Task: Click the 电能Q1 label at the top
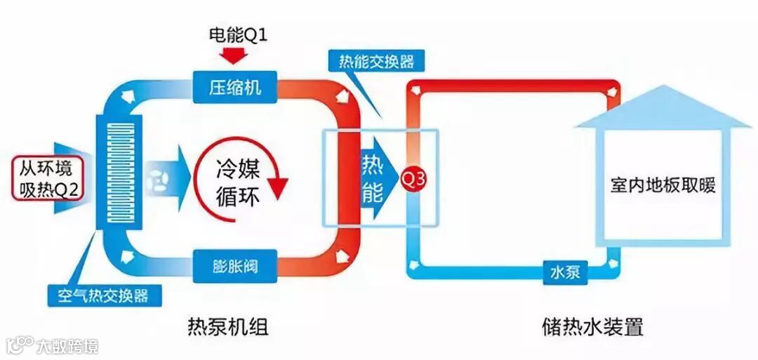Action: [x=239, y=33]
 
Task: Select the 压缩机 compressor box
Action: [x=235, y=87]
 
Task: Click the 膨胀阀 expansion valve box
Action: [x=235, y=268]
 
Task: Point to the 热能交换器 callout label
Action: [x=371, y=61]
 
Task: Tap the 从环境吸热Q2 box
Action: [x=47, y=179]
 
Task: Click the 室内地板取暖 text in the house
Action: [x=663, y=187]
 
